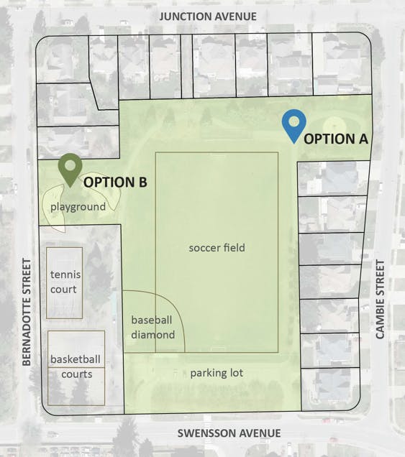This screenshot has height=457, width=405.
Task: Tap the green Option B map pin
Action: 70,167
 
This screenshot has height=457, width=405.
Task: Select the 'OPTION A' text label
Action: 336,139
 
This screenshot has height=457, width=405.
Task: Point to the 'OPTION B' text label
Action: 115,182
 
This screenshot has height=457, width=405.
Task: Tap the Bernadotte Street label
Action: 27,313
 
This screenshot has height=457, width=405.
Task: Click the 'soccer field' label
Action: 217,248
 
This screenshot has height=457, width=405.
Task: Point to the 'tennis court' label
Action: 64,282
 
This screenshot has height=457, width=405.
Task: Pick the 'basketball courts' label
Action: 76,366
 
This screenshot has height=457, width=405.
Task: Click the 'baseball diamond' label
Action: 153,327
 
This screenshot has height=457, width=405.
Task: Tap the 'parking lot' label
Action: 217,373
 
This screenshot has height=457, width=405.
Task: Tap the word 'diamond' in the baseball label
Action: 153,335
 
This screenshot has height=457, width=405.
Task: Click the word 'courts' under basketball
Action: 76,374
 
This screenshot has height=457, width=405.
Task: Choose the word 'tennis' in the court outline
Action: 64,274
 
